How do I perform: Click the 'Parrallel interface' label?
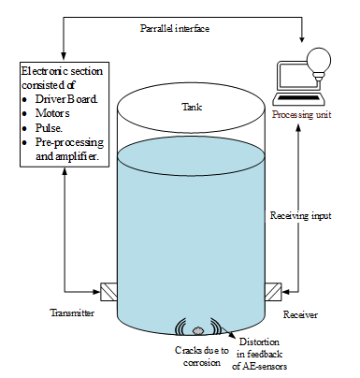click(x=175, y=29)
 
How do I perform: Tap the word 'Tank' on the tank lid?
click(x=192, y=107)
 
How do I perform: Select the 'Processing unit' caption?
click(x=301, y=115)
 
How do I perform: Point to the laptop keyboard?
click(x=298, y=97)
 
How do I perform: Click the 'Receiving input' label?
click(x=300, y=215)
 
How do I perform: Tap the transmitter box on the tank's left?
click(x=108, y=292)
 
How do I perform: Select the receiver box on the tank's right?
click(x=273, y=292)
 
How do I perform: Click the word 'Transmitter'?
click(x=72, y=313)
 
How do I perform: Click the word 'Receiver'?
click(x=300, y=314)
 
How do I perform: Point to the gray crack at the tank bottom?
click(x=197, y=330)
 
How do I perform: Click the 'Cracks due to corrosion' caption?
click(x=202, y=356)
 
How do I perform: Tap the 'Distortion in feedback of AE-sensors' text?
click(x=259, y=354)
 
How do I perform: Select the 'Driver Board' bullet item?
click(x=66, y=99)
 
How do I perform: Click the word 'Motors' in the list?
click(x=52, y=113)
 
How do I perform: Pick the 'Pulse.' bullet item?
click(x=49, y=128)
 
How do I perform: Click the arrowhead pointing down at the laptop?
click(x=301, y=39)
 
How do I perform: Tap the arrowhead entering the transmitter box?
click(x=97, y=292)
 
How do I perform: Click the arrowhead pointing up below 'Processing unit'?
click(x=298, y=127)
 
